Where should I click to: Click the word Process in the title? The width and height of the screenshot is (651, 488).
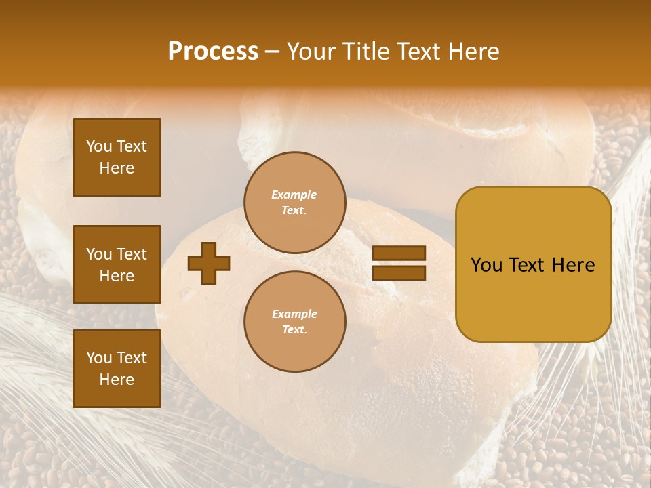tap(213, 52)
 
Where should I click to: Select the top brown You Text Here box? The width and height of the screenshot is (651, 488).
tap(117, 157)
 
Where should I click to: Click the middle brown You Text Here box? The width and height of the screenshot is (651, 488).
tap(117, 264)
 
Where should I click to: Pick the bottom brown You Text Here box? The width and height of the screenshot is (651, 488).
tap(117, 369)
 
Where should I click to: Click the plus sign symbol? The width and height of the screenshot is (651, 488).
tap(209, 263)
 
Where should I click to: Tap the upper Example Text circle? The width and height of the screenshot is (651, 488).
tap(294, 203)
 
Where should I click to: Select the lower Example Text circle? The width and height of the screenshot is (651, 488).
tap(294, 322)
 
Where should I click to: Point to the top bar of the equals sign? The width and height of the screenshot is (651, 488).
tap(399, 253)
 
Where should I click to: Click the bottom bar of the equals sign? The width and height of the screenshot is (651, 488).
tap(399, 272)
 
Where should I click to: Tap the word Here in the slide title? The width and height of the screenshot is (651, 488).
tap(475, 52)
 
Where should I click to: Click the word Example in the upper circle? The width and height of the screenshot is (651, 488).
tap(294, 195)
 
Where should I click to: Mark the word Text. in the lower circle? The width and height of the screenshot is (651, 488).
tap(294, 330)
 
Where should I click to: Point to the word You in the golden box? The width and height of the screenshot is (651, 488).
tap(486, 265)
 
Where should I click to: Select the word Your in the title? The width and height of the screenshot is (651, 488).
tap(311, 52)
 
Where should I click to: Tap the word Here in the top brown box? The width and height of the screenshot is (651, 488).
tap(117, 168)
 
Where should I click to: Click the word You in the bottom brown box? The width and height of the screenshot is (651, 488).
tap(99, 358)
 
